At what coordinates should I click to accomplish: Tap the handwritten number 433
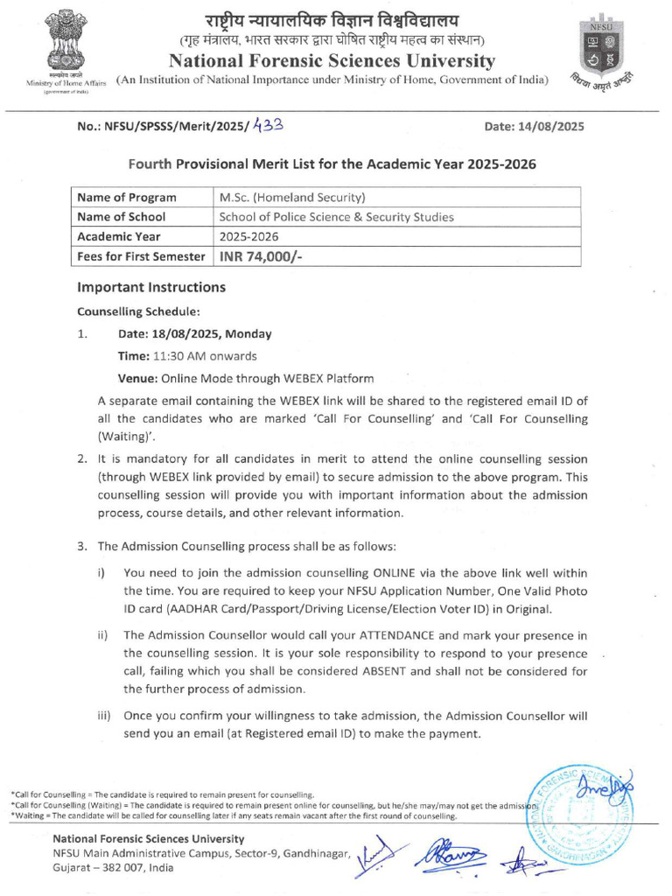(x=268, y=125)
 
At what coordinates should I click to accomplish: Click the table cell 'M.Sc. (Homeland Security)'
(x=292, y=198)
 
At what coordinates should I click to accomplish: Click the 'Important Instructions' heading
(x=151, y=288)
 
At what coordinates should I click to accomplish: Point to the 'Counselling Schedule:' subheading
(x=138, y=311)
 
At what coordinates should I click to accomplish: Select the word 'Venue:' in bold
(x=136, y=379)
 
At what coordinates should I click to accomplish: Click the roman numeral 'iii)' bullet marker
(x=103, y=716)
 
